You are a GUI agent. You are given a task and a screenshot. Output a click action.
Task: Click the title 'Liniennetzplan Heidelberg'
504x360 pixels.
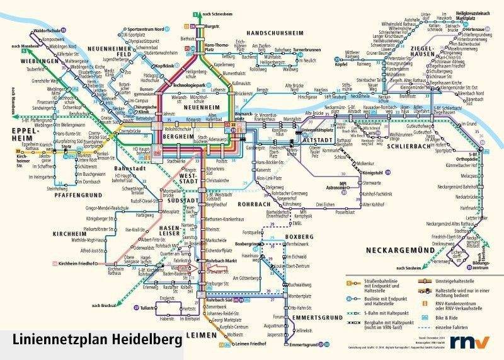coord(94,340)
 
